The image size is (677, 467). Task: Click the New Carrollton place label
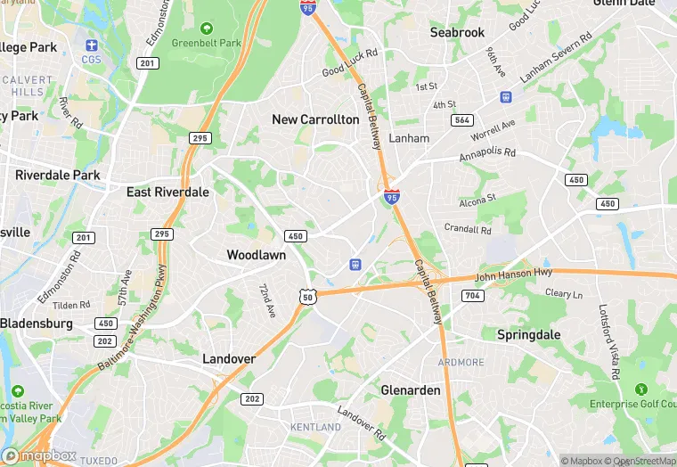[x=315, y=119]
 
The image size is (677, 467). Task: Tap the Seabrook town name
[x=457, y=32]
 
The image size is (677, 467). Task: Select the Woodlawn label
[x=256, y=255]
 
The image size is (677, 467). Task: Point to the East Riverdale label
[x=167, y=192]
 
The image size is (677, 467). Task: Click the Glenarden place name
[x=410, y=390]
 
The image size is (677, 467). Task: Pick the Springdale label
[x=527, y=334]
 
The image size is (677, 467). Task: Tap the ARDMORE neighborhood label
[x=461, y=363]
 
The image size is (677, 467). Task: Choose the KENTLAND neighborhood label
[x=315, y=428]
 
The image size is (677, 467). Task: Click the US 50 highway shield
[x=307, y=296]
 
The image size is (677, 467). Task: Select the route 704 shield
[x=472, y=295]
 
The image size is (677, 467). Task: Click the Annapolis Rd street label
[x=487, y=153]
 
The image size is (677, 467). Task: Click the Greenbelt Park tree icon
[x=207, y=29]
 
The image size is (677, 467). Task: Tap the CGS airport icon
[x=92, y=45]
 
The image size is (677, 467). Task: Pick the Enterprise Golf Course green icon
[x=640, y=389]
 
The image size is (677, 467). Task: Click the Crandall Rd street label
[x=468, y=229]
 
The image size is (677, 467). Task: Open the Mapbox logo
[x=40, y=455]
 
